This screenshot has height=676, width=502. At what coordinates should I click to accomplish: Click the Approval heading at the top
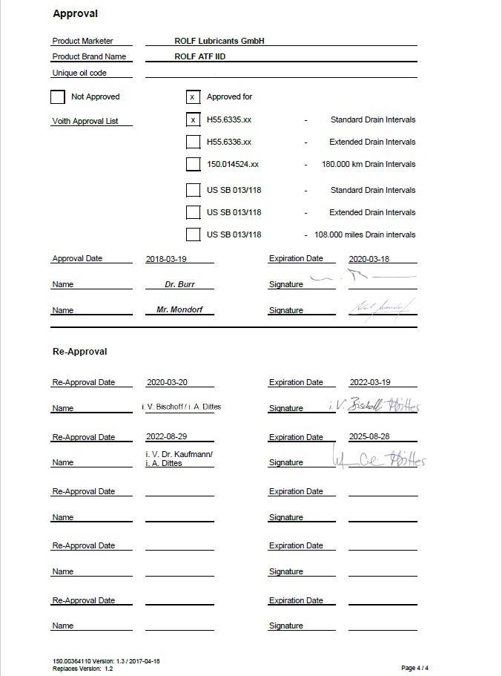click(x=75, y=13)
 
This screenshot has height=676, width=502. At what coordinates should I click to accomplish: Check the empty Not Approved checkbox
click(x=58, y=96)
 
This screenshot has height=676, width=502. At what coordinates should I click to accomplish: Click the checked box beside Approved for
click(x=193, y=96)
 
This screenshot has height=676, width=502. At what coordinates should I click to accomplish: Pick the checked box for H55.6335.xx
click(x=193, y=119)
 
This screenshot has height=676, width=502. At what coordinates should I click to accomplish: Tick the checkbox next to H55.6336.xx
click(x=193, y=142)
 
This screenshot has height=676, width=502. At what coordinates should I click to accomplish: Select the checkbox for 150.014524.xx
click(x=193, y=164)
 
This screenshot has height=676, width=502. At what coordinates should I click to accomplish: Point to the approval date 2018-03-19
click(x=166, y=259)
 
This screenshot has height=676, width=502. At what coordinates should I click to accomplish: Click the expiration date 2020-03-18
click(x=369, y=259)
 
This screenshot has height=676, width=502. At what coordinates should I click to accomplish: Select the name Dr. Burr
click(x=179, y=284)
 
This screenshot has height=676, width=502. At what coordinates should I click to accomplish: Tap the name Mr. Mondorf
click(x=179, y=310)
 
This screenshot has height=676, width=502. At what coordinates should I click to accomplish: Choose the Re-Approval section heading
click(x=79, y=352)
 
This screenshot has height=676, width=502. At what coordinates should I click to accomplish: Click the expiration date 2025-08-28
click(x=369, y=437)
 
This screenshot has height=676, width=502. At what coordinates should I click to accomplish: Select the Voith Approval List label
click(x=85, y=121)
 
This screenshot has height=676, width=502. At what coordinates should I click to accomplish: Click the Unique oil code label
click(x=79, y=73)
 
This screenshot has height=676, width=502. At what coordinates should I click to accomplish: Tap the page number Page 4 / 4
click(x=415, y=668)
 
